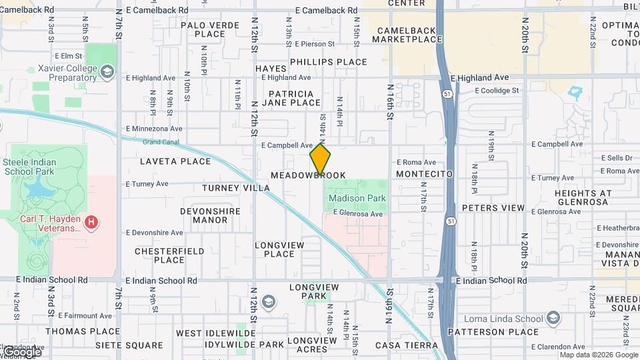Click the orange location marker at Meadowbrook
320,159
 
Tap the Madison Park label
357,198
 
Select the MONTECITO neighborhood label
424,174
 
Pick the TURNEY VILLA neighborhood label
236,188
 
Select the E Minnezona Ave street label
154,129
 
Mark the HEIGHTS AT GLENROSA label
581,197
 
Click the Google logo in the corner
22,351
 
